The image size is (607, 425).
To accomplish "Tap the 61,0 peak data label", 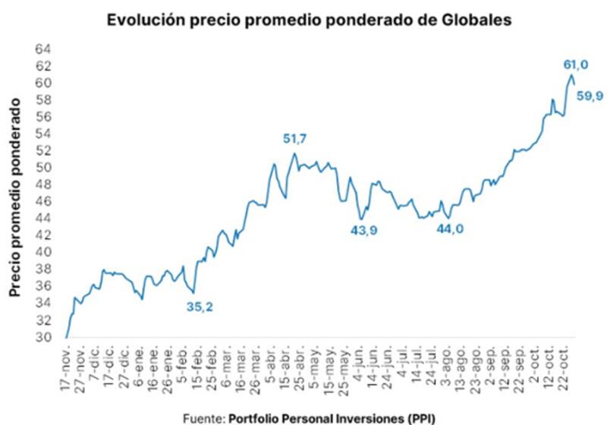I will click(575, 65).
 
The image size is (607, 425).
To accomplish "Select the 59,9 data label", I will click(590, 95).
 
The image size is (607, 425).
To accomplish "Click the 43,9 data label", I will click(363, 231).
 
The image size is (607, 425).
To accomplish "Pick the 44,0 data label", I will click(450, 230).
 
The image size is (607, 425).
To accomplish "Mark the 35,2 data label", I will click(200, 307).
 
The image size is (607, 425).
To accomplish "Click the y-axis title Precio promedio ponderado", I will click(14, 196).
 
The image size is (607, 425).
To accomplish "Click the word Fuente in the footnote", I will click(203, 417).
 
